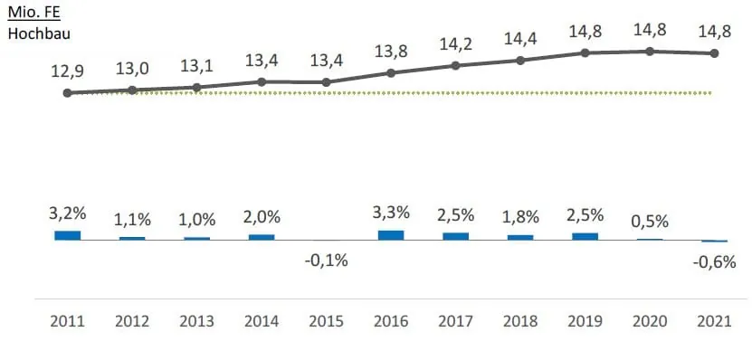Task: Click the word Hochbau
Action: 39,33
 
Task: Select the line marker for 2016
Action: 391,72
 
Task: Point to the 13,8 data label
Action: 391,51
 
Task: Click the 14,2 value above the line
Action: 456,43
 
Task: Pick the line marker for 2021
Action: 715,53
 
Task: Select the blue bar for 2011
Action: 68,235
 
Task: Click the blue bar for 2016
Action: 391,235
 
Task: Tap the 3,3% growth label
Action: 391,213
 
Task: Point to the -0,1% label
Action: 327,260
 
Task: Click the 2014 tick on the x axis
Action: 262,321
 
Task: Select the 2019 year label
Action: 585,321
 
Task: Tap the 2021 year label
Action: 715,321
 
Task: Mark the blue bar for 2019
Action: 585,236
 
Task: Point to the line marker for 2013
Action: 197,87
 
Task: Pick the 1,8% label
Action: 520,218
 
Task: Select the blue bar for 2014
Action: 262,237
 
